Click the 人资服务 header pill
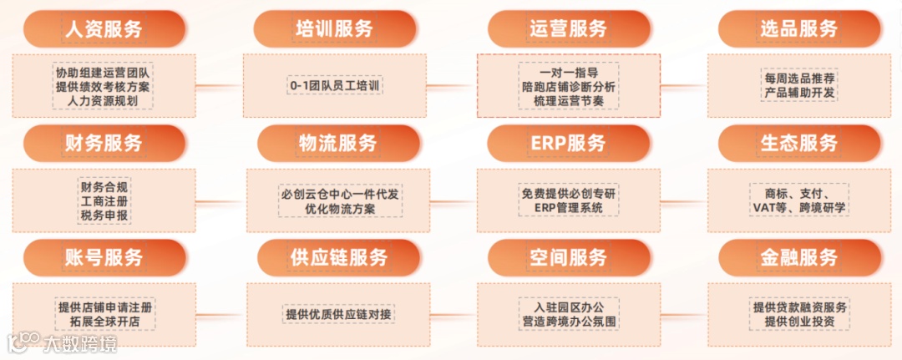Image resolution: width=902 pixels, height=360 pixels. click(x=104, y=29)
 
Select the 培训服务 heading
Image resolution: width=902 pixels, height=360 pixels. click(x=334, y=29)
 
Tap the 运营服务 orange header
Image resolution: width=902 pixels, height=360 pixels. click(x=568, y=28)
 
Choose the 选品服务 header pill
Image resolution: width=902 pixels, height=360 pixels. click(x=799, y=29)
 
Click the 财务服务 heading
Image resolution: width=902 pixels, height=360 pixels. click(x=104, y=143)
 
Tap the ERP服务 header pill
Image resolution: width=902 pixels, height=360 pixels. click(x=568, y=143)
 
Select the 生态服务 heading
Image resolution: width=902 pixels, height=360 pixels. click(x=799, y=143)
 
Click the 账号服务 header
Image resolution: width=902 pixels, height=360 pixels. click(x=104, y=257)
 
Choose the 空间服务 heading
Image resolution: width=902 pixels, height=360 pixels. click(x=568, y=257)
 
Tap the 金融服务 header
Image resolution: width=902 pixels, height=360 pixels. click(x=799, y=257)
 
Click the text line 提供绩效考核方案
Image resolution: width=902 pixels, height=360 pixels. click(x=104, y=86)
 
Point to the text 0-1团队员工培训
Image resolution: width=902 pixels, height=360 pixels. click(x=335, y=85)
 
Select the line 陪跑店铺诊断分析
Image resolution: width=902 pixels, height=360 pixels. click(x=568, y=86)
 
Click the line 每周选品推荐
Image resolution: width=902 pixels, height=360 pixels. click(x=799, y=78)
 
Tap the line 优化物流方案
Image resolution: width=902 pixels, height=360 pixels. click(x=340, y=208)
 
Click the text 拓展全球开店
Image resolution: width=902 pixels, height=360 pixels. click(x=104, y=322)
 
